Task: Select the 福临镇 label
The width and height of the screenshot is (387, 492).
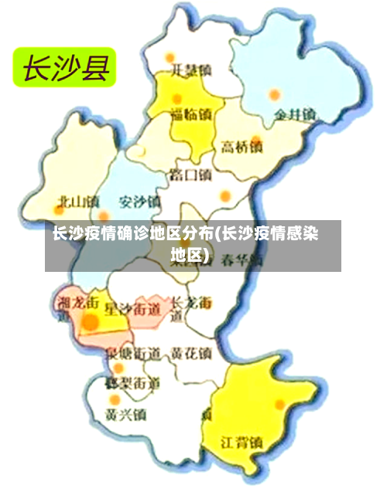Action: coord(191,116)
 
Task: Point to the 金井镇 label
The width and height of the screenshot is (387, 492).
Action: coord(295,115)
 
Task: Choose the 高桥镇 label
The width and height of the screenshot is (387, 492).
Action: coord(241,146)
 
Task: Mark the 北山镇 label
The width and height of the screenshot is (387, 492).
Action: coord(78,202)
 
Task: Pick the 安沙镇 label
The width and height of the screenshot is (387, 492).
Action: coord(139,202)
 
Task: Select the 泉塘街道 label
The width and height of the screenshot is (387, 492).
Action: coord(132,354)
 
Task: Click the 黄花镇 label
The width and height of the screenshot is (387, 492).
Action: coord(191,353)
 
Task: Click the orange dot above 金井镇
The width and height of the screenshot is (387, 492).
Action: coord(274,95)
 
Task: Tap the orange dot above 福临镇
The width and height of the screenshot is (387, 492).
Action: coord(177,99)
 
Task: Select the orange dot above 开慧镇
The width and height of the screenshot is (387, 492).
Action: coord(170,57)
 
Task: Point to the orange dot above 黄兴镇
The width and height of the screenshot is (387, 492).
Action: coord(114,399)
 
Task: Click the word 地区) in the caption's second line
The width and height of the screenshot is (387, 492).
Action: coord(191,254)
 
